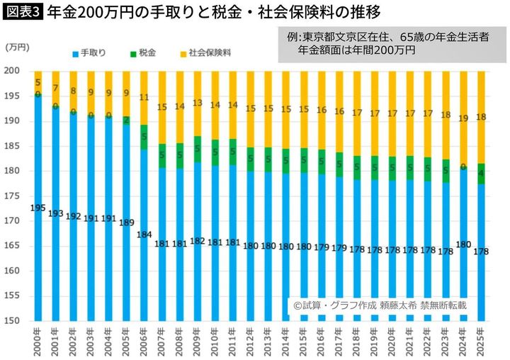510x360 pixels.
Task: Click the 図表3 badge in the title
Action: [x=21, y=13]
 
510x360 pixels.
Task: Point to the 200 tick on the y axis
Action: [x=15, y=71]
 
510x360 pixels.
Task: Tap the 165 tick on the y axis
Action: [x=15, y=246]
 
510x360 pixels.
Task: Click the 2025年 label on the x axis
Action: [x=482, y=341]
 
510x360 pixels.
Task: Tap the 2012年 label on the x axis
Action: [x=251, y=341]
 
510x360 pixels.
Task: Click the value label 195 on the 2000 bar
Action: [x=38, y=208]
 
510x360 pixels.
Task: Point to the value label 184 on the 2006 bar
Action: [x=144, y=235]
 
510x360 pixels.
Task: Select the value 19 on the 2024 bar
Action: [x=464, y=119]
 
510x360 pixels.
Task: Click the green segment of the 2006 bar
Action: [x=144, y=137]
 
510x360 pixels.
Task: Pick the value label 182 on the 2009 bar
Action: [x=198, y=241]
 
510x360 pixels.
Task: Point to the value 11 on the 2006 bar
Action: [x=144, y=98]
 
